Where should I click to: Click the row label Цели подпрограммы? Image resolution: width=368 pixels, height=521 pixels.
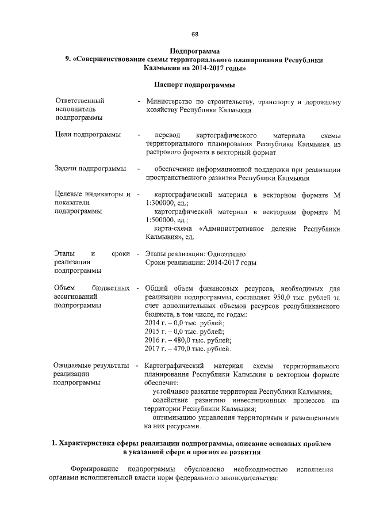tap(87, 134)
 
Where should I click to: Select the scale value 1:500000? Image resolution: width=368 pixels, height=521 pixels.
tap(163, 220)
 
